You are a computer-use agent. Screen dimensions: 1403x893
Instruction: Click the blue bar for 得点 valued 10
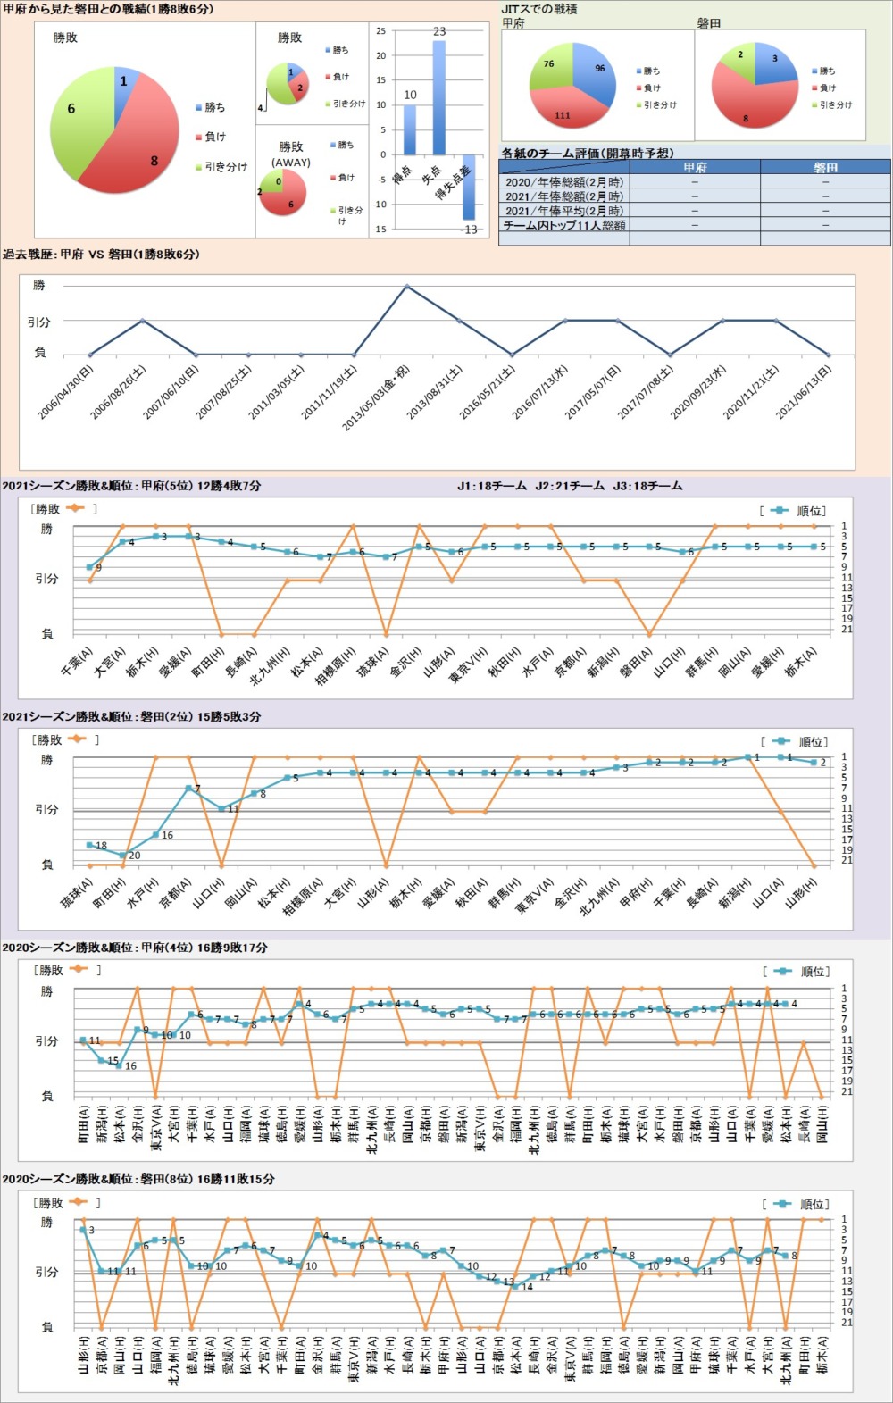coord(410,130)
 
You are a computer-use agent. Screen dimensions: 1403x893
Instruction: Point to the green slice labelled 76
coord(552,70)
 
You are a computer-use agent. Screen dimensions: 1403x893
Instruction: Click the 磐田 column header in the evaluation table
coord(825,167)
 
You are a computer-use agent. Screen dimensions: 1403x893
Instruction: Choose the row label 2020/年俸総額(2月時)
coord(564,182)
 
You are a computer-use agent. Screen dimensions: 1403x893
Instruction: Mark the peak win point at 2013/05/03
coord(407,286)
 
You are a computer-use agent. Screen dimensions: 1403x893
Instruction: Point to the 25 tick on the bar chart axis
coord(381,31)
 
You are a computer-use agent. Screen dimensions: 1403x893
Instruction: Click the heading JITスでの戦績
coord(539,9)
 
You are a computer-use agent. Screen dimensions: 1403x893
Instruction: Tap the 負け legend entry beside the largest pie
coord(211,137)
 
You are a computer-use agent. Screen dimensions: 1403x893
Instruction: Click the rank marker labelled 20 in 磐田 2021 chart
coord(123,855)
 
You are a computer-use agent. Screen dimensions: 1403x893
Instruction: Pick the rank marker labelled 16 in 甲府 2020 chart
coord(119,1065)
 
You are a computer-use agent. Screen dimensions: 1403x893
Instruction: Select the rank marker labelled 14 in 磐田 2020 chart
coord(515,1287)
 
